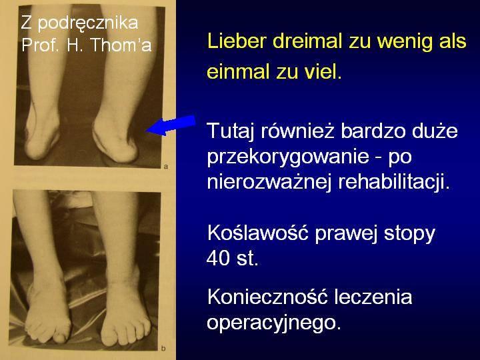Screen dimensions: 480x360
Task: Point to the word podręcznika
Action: pyautogui.click(x=88, y=23)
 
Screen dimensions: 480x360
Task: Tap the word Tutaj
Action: pyautogui.click(x=231, y=131)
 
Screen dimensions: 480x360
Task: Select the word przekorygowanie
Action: pyautogui.click(x=288, y=157)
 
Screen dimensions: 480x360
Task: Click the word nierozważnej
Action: pyautogui.click(x=269, y=182)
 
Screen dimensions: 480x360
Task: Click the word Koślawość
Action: pyautogui.click(x=258, y=233)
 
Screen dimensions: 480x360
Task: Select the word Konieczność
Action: pyautogui.click(x=268, y=297)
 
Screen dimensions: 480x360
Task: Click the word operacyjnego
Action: pyautogui.click(x=274, y=323)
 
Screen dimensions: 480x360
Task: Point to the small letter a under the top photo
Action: pyautogui.click(x=166, y=167)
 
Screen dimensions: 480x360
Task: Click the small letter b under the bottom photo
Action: pyautogui.click(x=163, y=349)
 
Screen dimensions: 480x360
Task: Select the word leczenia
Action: pyautogui.click(x=373, y=297)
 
